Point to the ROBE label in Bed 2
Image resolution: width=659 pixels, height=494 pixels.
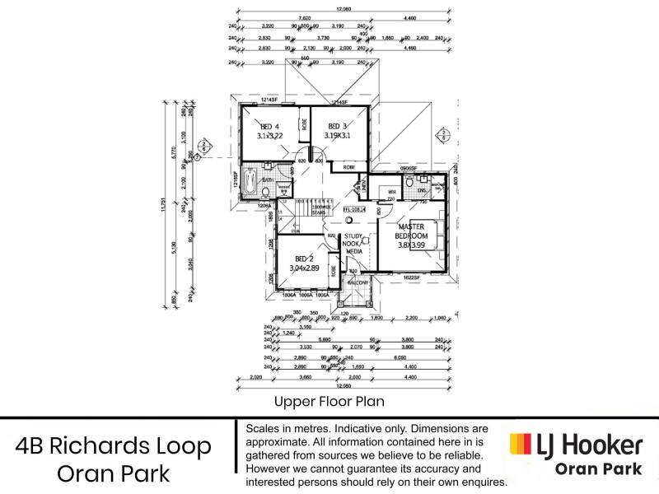click(x=334, y=269)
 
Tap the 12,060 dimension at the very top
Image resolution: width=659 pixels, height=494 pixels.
click(x=343, y=9)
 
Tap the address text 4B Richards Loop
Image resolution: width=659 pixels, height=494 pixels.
click(x=114, y=446)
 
